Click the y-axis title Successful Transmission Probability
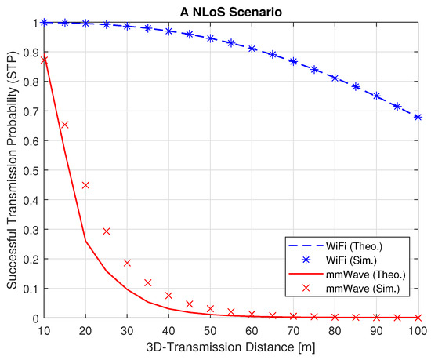click(10, 169)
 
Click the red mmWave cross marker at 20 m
click(86, 185)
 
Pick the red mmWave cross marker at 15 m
click(65, 125)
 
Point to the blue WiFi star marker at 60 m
click(252, 49)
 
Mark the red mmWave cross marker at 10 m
click(45, 60)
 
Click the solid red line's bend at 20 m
click(86, 242)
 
